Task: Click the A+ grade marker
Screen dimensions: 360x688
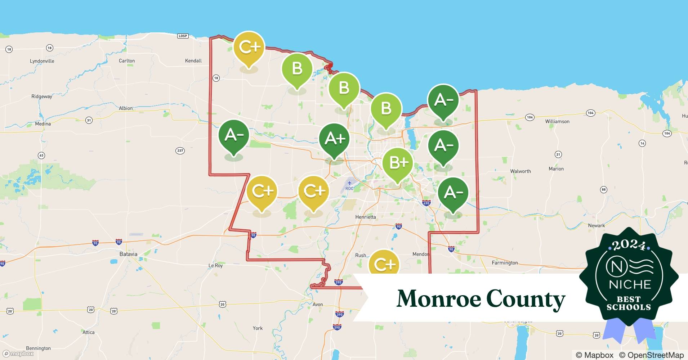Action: (335, 139)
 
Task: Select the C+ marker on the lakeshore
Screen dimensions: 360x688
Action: (249, 47)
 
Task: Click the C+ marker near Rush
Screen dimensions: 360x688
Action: (384, 264)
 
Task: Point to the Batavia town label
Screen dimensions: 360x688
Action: (128, 254)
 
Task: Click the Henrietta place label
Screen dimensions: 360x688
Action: (365, 217)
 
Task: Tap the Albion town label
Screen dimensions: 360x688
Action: (126, 108)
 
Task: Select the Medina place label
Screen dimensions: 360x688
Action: (43, 124)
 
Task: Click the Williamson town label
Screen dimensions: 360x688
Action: (557, 122)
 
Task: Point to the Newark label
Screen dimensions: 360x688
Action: (596, 226)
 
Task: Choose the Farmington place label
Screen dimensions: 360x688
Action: (505, 263)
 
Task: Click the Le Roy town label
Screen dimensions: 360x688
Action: (216, 266)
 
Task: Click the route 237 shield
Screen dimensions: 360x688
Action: (180, 150)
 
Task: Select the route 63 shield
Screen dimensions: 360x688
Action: (41, 156)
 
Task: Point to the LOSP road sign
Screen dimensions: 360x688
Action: (183, 36)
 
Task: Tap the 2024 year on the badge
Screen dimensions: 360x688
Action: (629, 245)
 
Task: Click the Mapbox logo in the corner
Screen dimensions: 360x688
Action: (18, 354)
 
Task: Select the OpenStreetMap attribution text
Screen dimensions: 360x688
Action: (651, 355)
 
